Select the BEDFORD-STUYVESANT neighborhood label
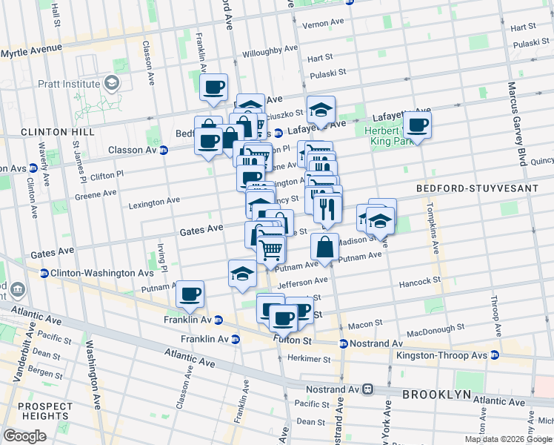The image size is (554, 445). coord(477,189)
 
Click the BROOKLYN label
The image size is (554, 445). coord(433,395)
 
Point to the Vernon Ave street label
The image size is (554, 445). coord(324,24)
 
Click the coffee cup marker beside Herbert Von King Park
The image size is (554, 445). coord(418,125)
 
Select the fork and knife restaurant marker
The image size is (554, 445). coord(327,208)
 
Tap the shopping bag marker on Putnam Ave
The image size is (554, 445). coord(324,248)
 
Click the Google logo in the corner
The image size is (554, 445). coord(24,436)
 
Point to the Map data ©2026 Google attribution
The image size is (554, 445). coord(508,439)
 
